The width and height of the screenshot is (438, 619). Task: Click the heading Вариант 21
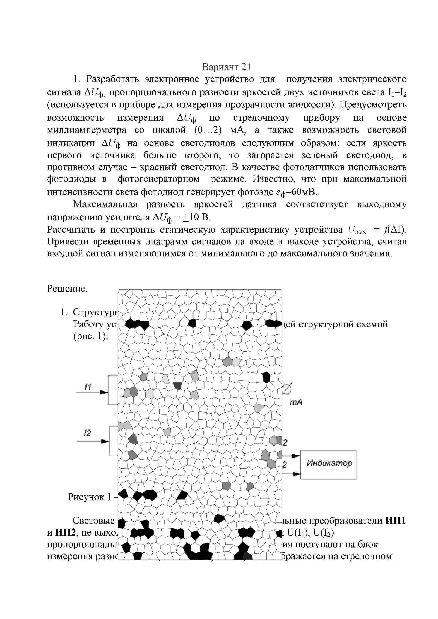226,67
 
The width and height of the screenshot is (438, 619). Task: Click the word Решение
67,289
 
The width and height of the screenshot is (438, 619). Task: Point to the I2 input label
87,433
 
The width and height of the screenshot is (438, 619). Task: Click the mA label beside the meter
296,402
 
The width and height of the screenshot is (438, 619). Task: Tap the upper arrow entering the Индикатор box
296,456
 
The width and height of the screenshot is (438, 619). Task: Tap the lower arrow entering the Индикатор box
297,474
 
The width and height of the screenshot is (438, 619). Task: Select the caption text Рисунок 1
89,497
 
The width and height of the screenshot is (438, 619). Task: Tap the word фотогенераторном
158,179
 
